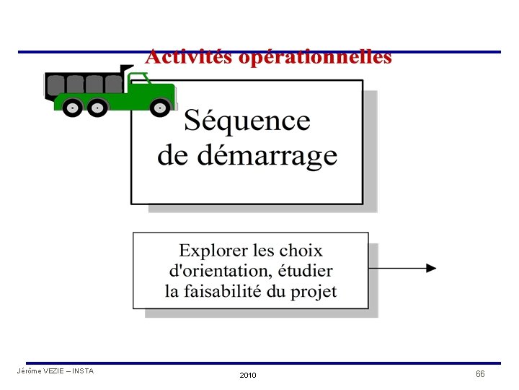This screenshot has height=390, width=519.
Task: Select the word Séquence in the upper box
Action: click(247, 121)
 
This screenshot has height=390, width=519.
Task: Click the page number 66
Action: click(480, 374)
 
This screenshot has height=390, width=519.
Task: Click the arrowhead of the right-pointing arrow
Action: click(430, 268)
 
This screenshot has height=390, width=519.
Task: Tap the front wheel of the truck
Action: click(160, 108)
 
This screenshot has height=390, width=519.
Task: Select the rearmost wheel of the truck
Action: click(72, 108)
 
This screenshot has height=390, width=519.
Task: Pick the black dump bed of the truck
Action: click(83, 83)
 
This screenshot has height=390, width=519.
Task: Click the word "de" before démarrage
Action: click(169, 155)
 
